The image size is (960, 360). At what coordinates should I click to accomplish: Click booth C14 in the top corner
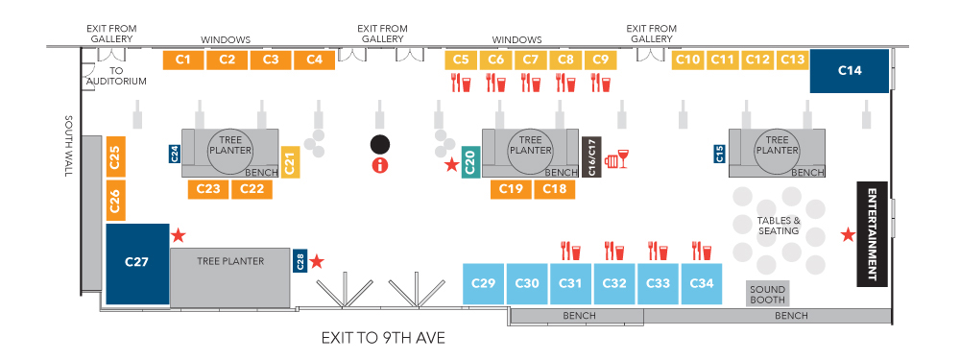coord(850,71)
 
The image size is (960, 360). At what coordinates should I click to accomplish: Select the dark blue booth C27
coord(137,263)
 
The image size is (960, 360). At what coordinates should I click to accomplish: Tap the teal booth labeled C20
coord(470,163)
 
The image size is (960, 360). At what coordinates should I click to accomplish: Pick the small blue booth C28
coord(300,261)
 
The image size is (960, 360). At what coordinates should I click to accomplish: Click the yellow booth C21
coord(291,162)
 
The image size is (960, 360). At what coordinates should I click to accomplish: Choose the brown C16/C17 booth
coord(591,156)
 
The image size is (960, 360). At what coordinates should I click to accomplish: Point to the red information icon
coord(380,165)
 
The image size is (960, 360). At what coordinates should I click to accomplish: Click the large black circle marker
coord(380,145)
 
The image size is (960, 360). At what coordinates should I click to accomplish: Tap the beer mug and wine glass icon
coord(617,158)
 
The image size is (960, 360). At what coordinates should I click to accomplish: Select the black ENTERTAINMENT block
coord(872,234)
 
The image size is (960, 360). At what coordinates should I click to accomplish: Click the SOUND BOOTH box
coord(768,293)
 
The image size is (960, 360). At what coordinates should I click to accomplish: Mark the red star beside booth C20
coord(452,164)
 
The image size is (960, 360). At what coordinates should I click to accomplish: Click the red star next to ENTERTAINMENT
coord(848,234)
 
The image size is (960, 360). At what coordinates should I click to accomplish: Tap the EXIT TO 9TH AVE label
coord(383,337)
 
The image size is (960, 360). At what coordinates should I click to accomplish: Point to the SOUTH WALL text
coord(68,146)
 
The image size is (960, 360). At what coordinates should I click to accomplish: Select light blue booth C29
coord(483,283)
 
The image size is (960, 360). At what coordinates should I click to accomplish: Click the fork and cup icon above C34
coord(702,251)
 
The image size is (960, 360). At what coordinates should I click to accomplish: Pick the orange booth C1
coord(183,60)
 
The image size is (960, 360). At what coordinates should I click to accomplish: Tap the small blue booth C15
coord(720,154)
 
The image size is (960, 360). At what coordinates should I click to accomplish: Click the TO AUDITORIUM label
coord(116,75)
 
